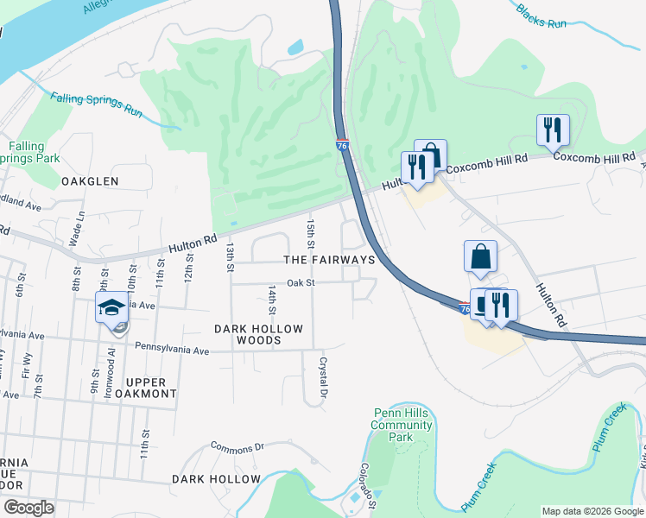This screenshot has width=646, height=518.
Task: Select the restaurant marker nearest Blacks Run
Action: tap(553, 130)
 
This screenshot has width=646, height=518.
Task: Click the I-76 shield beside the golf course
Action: tap(342, 146)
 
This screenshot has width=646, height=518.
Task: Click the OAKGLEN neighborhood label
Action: tap(90, 181)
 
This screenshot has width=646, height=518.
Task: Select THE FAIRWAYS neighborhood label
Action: tap(329, 260)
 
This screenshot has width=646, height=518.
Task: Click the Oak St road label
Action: tap(301, 282)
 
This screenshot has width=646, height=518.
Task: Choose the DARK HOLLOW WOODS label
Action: tap(259, 335)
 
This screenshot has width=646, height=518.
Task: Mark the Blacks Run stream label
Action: tap(541, 16)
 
